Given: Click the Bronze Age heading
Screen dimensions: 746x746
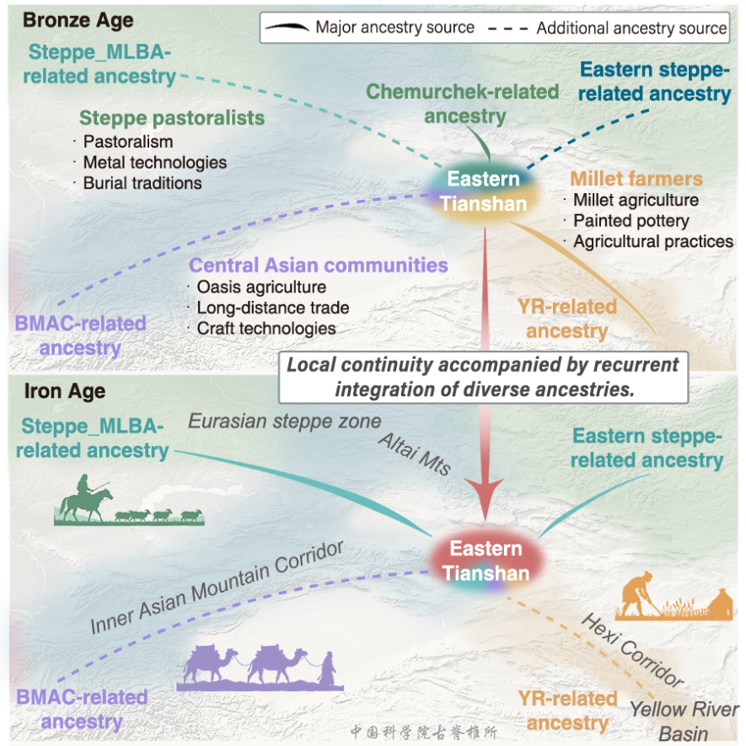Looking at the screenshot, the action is click(x=78, y=20).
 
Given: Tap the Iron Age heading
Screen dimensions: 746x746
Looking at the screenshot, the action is click(x=65, y=391).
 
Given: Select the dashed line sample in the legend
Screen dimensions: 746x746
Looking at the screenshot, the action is click(x=508, y=28).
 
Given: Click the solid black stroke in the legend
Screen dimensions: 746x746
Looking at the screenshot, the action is click(x=287, y=27).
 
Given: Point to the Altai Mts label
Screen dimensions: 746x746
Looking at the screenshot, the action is click(x=415, y=454).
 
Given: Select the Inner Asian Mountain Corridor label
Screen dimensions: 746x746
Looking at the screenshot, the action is click(x=217, y=588).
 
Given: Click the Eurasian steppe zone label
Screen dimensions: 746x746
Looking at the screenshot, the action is click(x=285, y=421).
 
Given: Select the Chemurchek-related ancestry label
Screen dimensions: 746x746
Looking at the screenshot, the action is click(x=463, y=104).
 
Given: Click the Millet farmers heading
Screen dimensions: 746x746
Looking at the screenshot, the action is click(x=636, y=179).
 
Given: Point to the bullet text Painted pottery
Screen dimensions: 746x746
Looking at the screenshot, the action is click(x=631, y=221).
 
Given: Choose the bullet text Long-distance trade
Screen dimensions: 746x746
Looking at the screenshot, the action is click(x=273, y=308).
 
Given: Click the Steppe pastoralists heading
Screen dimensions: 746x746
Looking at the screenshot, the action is click(x=172, y=118).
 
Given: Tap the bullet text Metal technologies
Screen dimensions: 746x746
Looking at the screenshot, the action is click(x=155, y=163).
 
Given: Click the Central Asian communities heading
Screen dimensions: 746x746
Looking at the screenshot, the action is click(x=319, y=266).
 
